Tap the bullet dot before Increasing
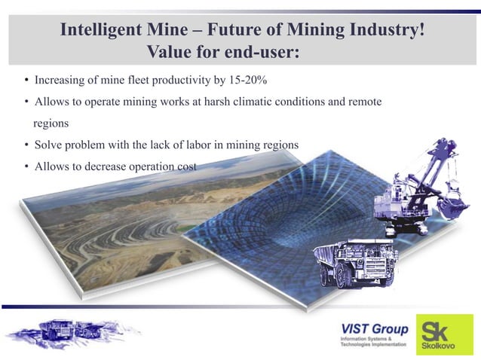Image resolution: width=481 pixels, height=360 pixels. (26, 81)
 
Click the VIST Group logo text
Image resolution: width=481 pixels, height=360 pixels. (374, 329)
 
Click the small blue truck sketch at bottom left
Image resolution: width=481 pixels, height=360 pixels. (72, 330)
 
